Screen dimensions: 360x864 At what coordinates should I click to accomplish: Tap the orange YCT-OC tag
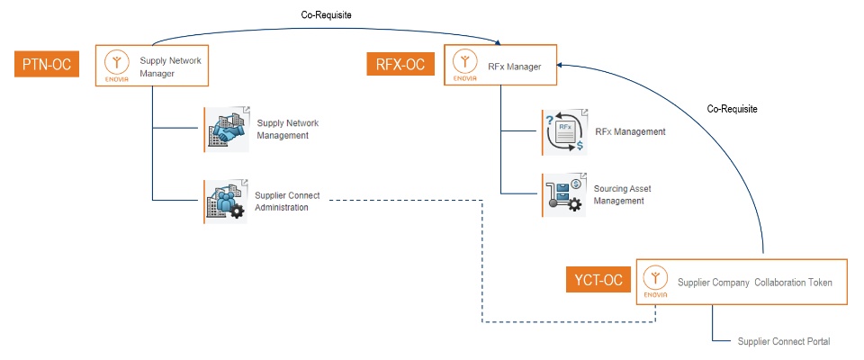(599, 280)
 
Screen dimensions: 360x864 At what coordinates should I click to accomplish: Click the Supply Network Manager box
(152, 66)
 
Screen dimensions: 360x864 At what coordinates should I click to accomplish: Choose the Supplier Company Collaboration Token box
(742, 282)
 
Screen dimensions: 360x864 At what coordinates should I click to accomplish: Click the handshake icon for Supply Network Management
(226, 129)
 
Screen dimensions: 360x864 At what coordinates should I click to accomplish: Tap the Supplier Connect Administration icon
(226, 202)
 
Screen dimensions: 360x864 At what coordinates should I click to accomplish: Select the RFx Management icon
(563, 131)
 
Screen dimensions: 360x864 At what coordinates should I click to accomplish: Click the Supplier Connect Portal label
(784, 342)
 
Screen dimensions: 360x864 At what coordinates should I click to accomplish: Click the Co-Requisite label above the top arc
(326, 15)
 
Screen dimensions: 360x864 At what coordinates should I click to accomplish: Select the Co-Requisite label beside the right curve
(732, 109)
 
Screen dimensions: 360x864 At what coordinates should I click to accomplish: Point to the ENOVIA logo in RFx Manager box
(465, 66)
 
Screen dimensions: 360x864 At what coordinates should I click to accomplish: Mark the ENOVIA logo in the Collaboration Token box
(657, 282)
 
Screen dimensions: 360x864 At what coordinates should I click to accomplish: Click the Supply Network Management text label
(288, 130)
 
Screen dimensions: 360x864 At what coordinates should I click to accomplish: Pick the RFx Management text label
(630, 131)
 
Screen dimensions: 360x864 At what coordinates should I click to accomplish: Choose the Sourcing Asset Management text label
(622, 195)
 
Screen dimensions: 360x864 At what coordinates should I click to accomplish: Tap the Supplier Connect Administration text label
(287, 202)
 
